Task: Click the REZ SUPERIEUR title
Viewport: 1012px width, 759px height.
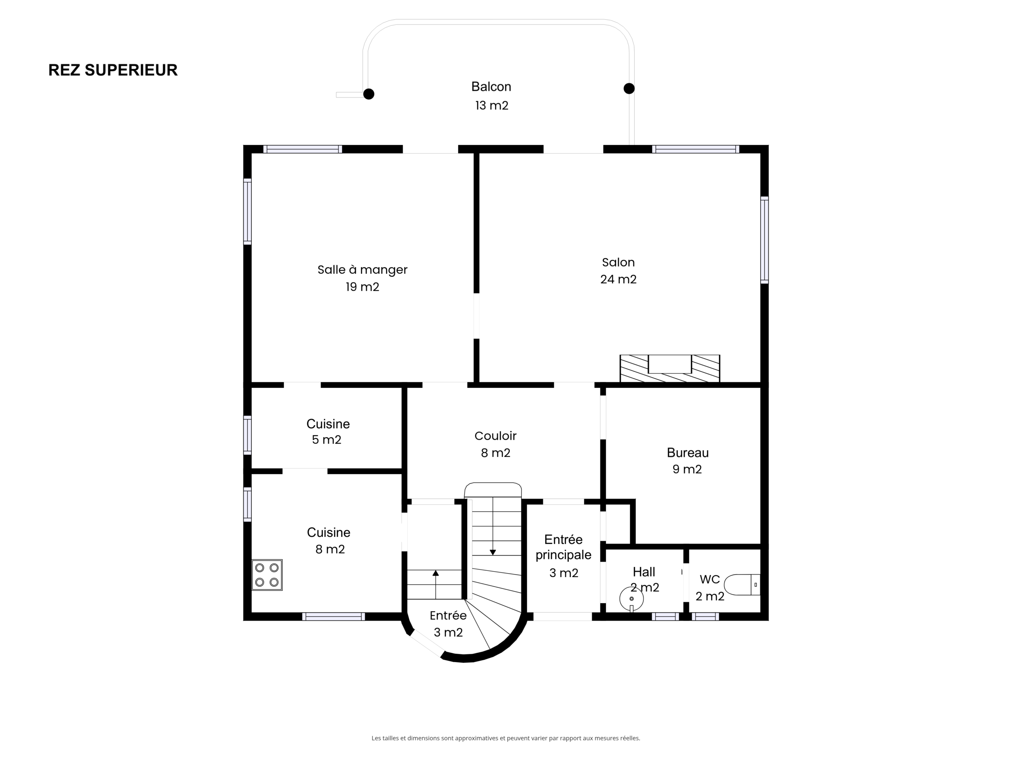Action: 113,70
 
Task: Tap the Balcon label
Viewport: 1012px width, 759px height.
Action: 491,87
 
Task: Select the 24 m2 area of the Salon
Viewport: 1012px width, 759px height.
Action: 618,279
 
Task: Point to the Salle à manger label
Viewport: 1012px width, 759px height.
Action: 363,270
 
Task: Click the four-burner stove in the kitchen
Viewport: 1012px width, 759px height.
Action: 267,575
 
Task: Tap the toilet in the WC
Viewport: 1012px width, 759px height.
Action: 742,585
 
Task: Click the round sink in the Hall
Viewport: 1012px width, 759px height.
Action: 631,599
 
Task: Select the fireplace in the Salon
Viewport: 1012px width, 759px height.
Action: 670,368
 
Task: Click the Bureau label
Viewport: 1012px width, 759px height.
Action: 687,453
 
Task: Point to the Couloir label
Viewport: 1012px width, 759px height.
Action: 495,436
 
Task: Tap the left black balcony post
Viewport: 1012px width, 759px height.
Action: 369,94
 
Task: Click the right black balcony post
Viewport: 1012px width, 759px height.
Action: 629,88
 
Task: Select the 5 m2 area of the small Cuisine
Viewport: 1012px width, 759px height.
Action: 327,440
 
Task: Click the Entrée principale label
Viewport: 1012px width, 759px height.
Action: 563,547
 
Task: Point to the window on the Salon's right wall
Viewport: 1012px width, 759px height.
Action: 765,240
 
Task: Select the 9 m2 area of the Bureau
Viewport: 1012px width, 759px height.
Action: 687,469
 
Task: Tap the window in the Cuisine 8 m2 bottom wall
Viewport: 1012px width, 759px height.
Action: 334,617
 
